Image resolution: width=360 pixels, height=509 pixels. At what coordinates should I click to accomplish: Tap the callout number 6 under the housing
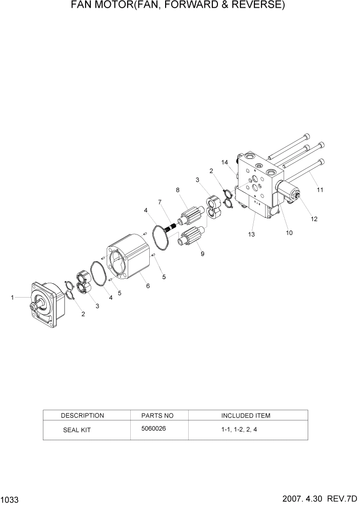tap(148, 286)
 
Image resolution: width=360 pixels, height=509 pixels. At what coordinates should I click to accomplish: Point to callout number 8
tap(177, 190)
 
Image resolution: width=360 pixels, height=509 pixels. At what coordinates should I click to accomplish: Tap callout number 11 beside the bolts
tap(320, 190)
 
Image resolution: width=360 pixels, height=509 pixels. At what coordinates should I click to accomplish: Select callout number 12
tap(314, 219)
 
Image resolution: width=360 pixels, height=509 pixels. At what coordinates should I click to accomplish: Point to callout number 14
tap(224, 163)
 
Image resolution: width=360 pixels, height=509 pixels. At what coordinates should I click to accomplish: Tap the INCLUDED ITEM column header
tap(246, 415)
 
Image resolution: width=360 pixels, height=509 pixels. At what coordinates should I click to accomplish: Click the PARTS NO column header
tap(157, 415)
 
